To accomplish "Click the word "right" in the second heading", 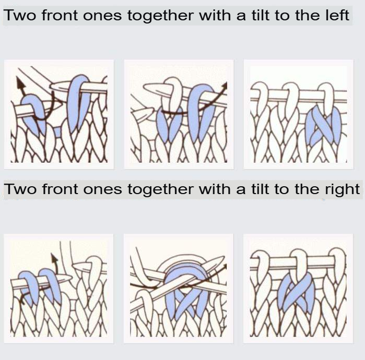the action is (342, 190).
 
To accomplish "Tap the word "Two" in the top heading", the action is (20, 15).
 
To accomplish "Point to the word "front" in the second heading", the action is (60, 189).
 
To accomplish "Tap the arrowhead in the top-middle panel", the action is (225, 85).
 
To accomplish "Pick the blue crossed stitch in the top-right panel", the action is (323, 126).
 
